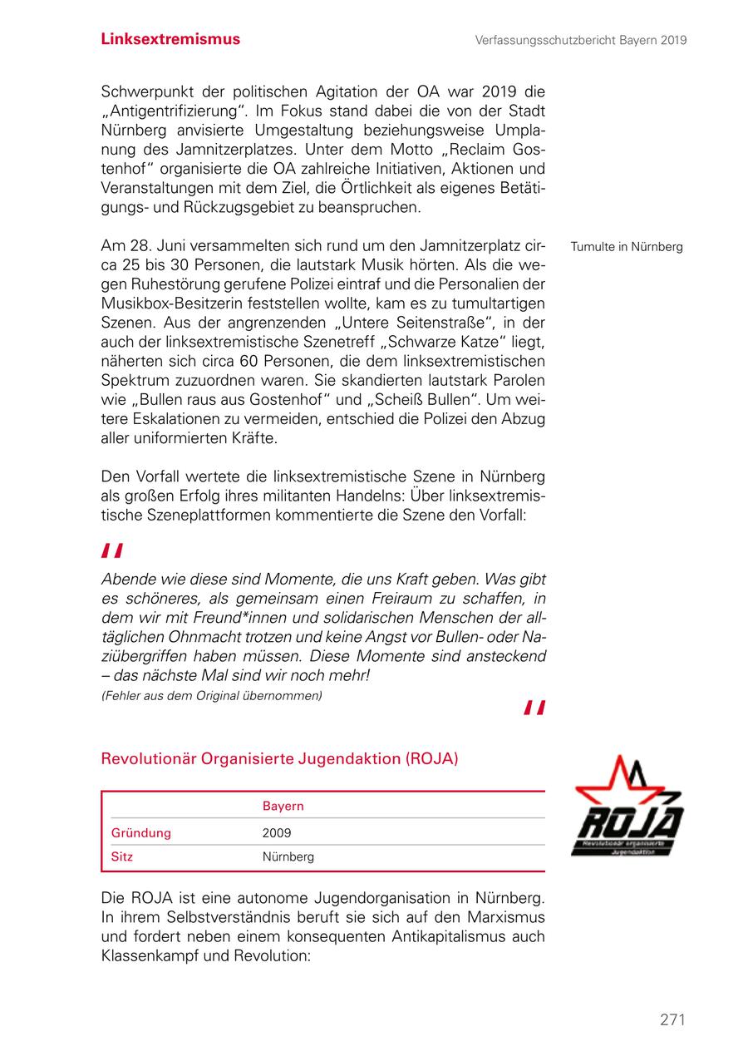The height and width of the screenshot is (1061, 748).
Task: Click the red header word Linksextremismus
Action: coord(170,39)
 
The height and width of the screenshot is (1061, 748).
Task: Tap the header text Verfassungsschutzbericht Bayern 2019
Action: coord(581,40)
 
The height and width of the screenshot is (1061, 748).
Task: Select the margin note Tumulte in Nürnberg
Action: coord(626,247)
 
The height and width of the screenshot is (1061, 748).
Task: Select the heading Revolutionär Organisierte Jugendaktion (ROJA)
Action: coord(279,759)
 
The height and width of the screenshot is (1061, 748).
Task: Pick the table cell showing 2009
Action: coord(277,832)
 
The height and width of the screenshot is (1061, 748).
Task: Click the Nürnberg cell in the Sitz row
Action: coord(288,856)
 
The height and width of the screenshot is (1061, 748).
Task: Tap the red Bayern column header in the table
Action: coord(283,806)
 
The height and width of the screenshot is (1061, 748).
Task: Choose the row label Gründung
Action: coord(141,832)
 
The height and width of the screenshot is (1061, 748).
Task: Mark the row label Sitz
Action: coord(122,856)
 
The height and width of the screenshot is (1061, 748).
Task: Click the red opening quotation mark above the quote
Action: coord(112,550)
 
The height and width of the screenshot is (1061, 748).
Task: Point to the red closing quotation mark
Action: coord(534,708)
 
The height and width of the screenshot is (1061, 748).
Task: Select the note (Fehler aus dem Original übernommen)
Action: coord(211,695)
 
